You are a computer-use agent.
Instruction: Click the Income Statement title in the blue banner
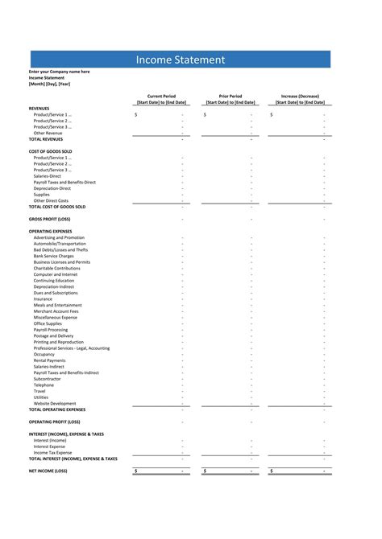coord(180,60)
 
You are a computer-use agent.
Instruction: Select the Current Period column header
coord(161,96)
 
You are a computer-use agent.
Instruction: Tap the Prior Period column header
coord(230,96)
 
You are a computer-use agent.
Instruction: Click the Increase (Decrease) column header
coord(301,96)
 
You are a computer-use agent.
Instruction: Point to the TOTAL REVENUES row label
coord(46,139)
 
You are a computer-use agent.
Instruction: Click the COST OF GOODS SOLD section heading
coord(51,151)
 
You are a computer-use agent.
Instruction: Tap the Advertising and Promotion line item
coord(59,237)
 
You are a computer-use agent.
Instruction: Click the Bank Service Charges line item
coord(54,256)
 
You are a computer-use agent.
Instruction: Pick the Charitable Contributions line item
coord(57,268)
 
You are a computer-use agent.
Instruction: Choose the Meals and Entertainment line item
coord(57,305)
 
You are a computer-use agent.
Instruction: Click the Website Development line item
coord(55,403)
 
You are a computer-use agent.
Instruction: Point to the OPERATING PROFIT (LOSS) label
coord(55,422)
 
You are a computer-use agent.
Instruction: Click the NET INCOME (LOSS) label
coord(48,471)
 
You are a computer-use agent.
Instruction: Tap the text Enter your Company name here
coord(60,72)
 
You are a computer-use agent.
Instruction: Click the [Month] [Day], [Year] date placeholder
coord(49,83)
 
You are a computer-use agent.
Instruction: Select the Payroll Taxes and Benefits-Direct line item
coord(64,182)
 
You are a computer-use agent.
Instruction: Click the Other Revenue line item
coord(48,133)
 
